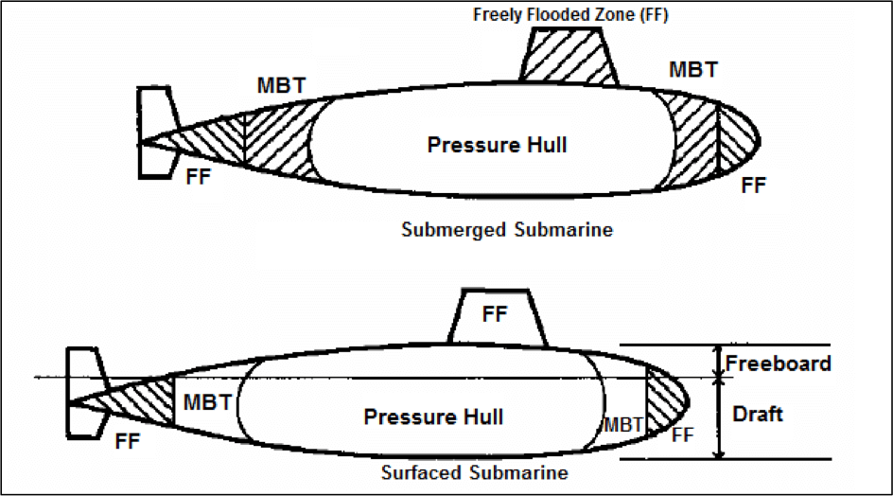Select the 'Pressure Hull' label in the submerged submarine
click(497, 145)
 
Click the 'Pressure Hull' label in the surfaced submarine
click(433, 416)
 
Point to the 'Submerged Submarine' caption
click(506, 230)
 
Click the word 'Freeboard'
click(778, 363)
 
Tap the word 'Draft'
click(758, 415)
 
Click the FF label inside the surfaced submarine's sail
click(495, 314)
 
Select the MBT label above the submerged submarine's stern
click(281, 85)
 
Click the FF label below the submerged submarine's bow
click(753, 186)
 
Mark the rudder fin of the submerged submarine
click(153, 132)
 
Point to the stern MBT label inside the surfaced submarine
click(207, 401)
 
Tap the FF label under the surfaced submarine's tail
click(130, 440)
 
